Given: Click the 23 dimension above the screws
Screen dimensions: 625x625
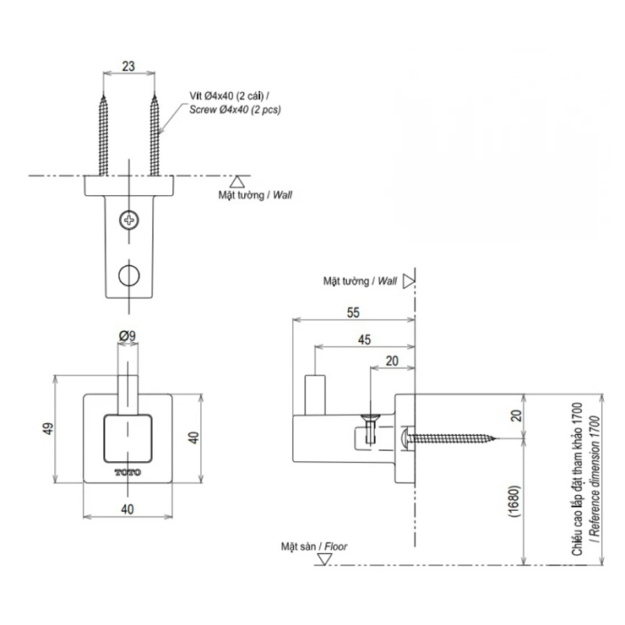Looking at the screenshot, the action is [128, 66].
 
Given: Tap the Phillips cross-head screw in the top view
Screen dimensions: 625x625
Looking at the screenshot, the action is [129, 220].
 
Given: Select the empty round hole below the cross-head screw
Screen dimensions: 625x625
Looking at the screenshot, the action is [129, 275].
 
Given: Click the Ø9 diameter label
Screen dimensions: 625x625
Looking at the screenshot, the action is [128, 336].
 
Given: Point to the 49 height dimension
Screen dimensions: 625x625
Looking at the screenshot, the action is [48, 429].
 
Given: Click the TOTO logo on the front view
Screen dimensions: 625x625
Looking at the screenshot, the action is [128, 473].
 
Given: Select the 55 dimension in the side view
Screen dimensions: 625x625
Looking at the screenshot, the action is [353, 312].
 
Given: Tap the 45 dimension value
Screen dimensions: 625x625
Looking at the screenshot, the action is [364, 340].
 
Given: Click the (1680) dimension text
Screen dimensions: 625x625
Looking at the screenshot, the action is [514, 501].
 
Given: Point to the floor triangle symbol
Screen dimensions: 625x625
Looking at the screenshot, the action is [323, 560].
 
